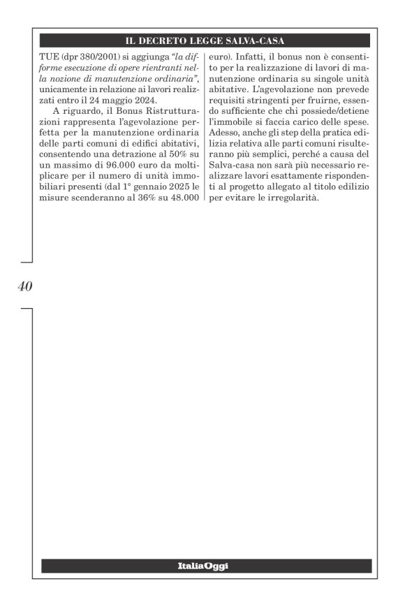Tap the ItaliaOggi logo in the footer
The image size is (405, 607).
click(206, 566)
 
